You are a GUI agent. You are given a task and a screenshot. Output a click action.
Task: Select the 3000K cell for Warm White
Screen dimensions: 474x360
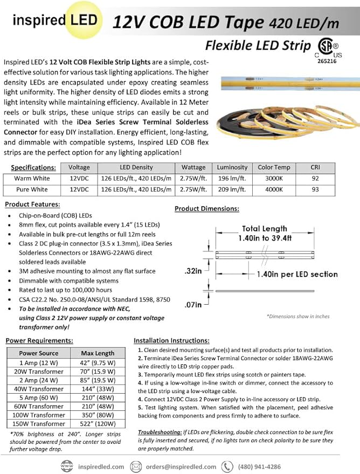pos(274,178)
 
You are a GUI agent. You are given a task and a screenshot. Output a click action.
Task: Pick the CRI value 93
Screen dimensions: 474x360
pos(315,190)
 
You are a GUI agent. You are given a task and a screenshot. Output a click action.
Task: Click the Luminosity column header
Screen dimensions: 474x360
pos(232,168)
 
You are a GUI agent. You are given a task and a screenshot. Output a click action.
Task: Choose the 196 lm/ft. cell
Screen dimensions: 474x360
pos(232,178)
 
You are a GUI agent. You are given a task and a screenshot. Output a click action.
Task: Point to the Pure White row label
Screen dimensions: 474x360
pos(32,190)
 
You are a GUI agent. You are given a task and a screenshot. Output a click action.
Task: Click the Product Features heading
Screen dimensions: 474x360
pos(32,204)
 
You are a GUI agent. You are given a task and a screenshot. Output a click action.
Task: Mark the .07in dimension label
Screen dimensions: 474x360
pos(193,305)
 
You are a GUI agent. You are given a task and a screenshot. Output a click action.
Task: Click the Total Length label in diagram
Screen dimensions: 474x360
pos(265,229)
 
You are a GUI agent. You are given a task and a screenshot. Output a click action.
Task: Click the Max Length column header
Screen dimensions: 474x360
pos(98,353)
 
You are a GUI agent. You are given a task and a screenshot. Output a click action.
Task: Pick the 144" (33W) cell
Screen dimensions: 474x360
pos(98,388)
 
